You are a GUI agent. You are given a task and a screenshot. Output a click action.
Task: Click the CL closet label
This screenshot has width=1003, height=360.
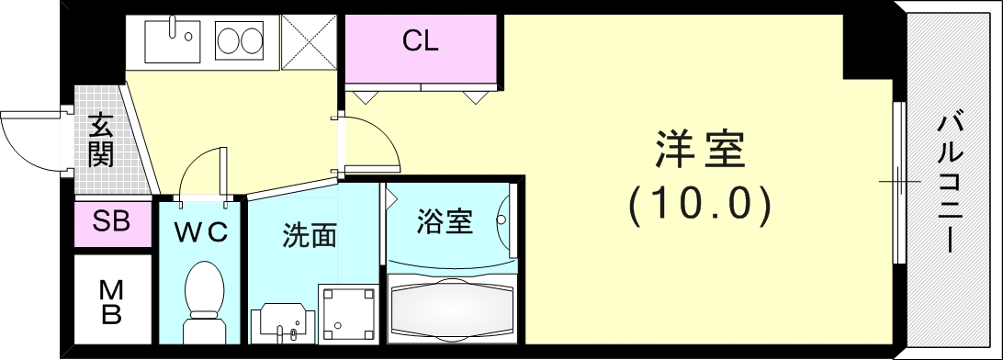[x=421, y=41]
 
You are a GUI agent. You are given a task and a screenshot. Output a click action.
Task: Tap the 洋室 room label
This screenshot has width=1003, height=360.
[x=699, y=150]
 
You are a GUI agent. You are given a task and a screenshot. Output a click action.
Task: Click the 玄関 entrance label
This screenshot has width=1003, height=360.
[x=100, y=140]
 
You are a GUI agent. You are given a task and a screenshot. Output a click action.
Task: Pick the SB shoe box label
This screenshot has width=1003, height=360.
[x=111, y=221]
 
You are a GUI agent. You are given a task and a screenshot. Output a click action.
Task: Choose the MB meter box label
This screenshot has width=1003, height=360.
[x=111, y=302]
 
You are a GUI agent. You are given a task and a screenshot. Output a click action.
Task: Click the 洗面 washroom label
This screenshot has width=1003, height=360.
[x=309, y=236]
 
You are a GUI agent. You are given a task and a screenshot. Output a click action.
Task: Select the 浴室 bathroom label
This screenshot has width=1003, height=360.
[x=445, y=221]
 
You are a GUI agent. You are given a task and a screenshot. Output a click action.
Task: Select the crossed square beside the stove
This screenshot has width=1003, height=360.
[x=310, y=42]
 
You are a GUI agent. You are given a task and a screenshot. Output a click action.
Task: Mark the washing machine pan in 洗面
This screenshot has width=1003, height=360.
[x=348, y=312]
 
